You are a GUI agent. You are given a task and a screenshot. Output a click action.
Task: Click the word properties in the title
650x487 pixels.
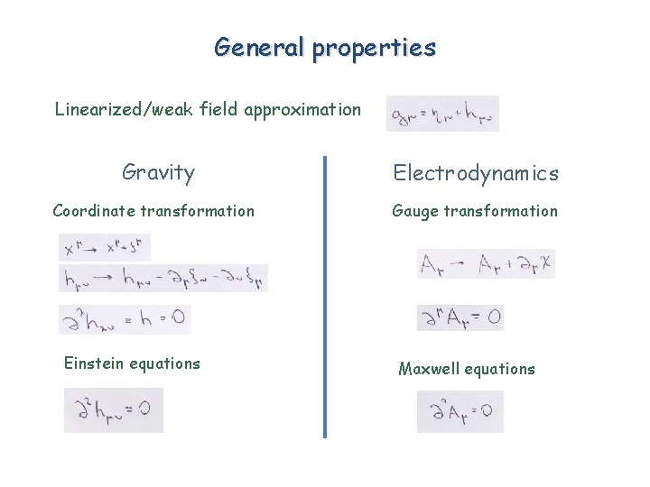click(x=374, y=49)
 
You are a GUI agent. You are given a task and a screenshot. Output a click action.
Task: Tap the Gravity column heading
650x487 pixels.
click(x=158, y=171)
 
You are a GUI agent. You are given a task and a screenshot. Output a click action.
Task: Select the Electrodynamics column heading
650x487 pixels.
click(x=475, y=173)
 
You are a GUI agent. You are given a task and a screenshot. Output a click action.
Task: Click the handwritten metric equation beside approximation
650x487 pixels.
click(x=442, y=114)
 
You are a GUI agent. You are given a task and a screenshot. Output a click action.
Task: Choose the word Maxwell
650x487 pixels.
click(x=430, y=369)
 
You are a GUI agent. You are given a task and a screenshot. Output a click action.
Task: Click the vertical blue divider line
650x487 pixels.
click(x=325, y=298)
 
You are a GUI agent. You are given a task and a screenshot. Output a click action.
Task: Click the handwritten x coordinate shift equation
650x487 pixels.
click(x=105, y=247)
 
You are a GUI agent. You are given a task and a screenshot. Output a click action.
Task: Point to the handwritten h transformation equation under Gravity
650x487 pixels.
click(x=162, y=279)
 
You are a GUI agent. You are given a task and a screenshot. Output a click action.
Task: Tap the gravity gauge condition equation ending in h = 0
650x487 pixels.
click(x=125, y=319)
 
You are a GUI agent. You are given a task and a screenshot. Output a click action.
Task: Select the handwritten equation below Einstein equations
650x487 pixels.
click(x=114, y=410)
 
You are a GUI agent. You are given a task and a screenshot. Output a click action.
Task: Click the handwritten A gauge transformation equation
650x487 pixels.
click(x=487, y=264)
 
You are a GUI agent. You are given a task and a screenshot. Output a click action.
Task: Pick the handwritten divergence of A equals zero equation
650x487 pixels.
click(x=460, y=317)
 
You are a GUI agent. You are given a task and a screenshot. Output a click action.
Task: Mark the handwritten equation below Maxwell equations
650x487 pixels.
click(x=460, y=411)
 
